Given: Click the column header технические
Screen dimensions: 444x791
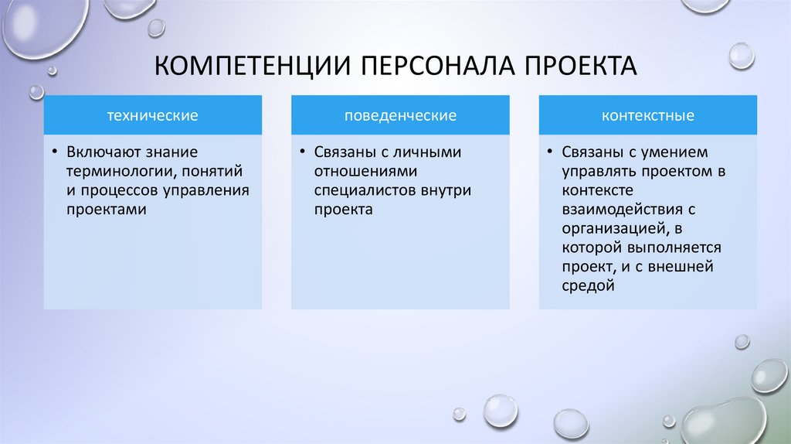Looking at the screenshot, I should point(152,116).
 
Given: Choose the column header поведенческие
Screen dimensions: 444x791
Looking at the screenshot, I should point(400,116).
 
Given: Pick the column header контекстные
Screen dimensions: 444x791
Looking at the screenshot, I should point(648,116).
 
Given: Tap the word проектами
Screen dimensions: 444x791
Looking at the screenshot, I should point(100,210).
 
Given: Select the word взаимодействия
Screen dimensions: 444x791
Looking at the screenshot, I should point(612,210).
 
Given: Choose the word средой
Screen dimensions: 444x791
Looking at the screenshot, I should point(588,286).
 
